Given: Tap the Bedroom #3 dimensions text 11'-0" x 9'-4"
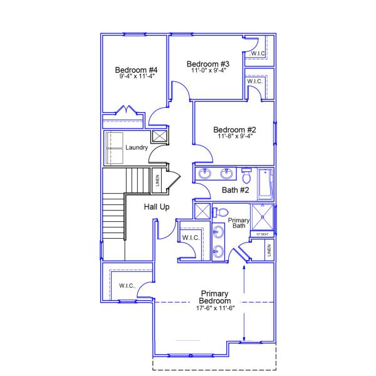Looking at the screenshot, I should pos(209,70).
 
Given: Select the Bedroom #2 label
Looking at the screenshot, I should pos(234,130).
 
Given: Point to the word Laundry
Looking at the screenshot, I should pos(137,148).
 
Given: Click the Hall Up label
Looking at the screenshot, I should pos(157,207).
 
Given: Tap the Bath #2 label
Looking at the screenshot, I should pos(236,190).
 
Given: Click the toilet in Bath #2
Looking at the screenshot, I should pos(246,174).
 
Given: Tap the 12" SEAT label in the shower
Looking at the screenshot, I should pos(262,234).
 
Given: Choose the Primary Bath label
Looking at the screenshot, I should pos(238,223).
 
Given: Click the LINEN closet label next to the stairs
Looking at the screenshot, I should pos(157,180).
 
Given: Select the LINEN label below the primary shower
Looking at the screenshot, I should pos(268,250).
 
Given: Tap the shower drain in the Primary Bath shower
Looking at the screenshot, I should pos(262,217).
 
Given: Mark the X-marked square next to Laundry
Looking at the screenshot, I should pos(159,136).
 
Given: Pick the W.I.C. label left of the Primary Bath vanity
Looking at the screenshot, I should pos(191,238).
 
